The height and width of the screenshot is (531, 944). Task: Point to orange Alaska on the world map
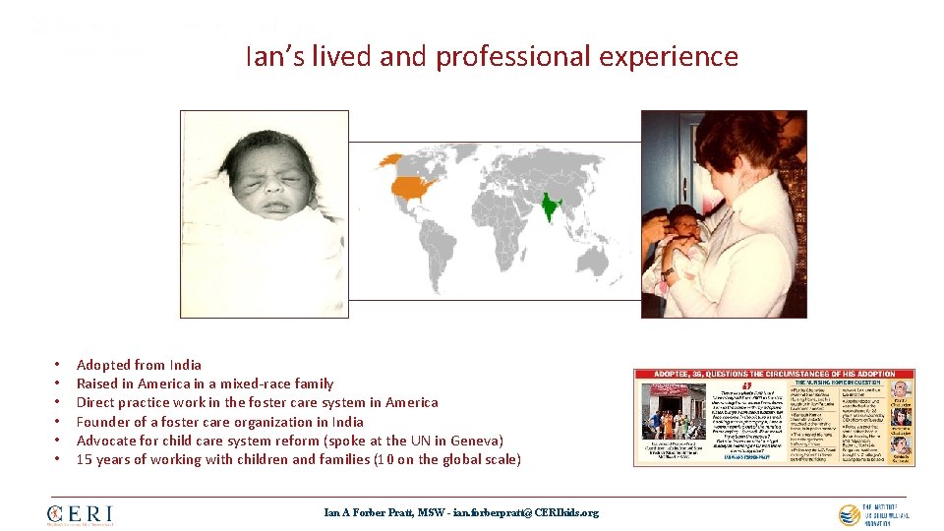pos(390,158)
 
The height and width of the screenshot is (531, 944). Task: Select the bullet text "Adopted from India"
pos(139,365)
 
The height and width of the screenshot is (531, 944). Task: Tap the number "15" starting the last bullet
pos(84,459)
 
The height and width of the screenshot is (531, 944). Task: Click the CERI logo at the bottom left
pos(80,513)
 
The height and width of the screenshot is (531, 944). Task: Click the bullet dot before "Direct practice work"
pos(59,403)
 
